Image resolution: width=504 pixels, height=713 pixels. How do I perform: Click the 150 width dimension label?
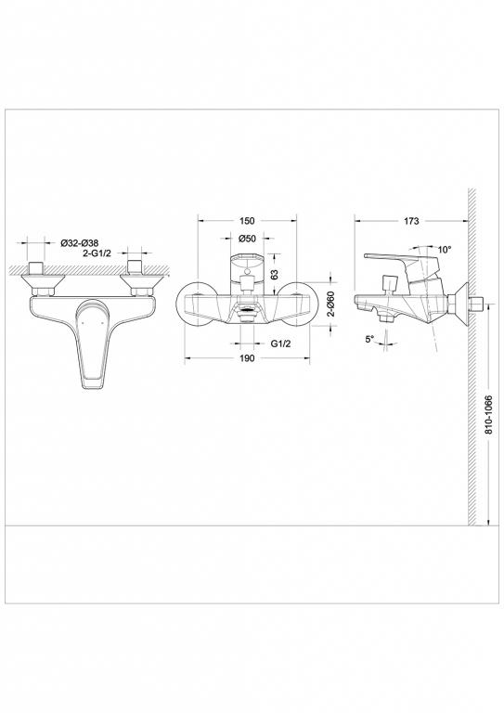click(247, 221)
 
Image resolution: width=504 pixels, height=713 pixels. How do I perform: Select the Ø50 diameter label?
click(247, 240)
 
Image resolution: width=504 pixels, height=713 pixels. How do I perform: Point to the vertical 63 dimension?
click(276, 275)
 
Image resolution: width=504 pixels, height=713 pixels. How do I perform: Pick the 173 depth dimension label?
click(411, 221)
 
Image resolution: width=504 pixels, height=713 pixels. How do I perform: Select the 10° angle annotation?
click(445, 250)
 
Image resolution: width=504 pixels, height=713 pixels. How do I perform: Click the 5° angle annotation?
click(369, 340)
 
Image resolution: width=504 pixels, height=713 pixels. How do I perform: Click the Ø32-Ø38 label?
click(80, 242)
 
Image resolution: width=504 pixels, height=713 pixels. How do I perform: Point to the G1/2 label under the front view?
click(282, 343)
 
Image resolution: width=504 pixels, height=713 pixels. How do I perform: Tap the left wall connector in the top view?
click(39, 278)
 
